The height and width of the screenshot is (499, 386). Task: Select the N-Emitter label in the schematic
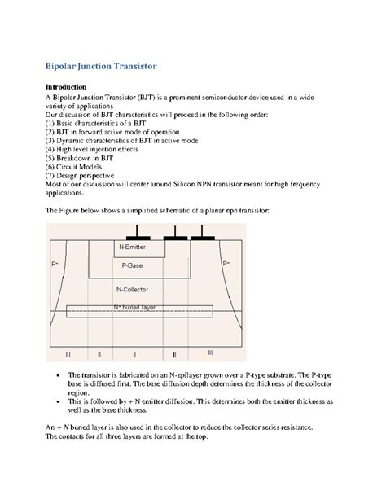(x=134, y=246)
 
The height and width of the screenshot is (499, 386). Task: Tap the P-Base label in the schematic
(x=134, y=265)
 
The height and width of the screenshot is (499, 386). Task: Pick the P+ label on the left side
(x=55, y=265)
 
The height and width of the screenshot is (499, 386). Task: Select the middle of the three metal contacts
(x=174, y=238)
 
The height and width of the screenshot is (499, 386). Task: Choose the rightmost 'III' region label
(x=209, y=353)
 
